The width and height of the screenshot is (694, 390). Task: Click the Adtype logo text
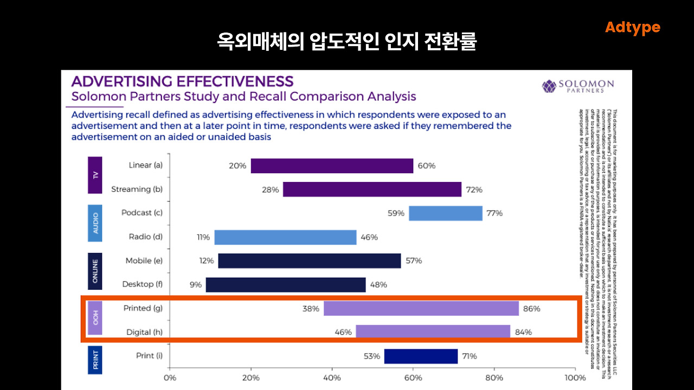click(x=632, y=28)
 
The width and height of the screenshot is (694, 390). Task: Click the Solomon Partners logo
click(x=578, y=86)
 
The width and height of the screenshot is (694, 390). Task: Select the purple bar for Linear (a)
click(x=332, y=166)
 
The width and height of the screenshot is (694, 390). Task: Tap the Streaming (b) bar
click(x=372, y=190)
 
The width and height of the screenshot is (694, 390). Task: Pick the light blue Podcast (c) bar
click(x=445, y=213)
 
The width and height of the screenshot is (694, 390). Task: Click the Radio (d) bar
click(x=285, y=237)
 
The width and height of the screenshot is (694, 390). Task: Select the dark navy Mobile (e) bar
click(x=309, y=261)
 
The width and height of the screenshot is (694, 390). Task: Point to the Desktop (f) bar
click(x=286, y=285)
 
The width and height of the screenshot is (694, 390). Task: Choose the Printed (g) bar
click(x=421, y=309)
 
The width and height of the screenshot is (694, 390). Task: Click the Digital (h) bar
click(x=433, y=331)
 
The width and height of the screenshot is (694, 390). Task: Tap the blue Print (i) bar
click(x=421, y=356)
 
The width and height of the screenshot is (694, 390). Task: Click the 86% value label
click(x=532, y=309)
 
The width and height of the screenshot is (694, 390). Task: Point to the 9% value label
click(x=195, y=285)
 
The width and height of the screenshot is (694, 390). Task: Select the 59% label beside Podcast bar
click(x=396, y=213)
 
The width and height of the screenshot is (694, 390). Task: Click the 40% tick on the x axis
click(x=332, y=378)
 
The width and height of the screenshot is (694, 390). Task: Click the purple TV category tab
click(x=95, y=175)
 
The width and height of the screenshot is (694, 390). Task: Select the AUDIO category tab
click(x=95, y=223)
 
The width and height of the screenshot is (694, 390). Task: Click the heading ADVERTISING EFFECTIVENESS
click(x=182, y=82)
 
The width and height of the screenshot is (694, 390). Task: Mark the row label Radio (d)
click(x=145, y=237)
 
